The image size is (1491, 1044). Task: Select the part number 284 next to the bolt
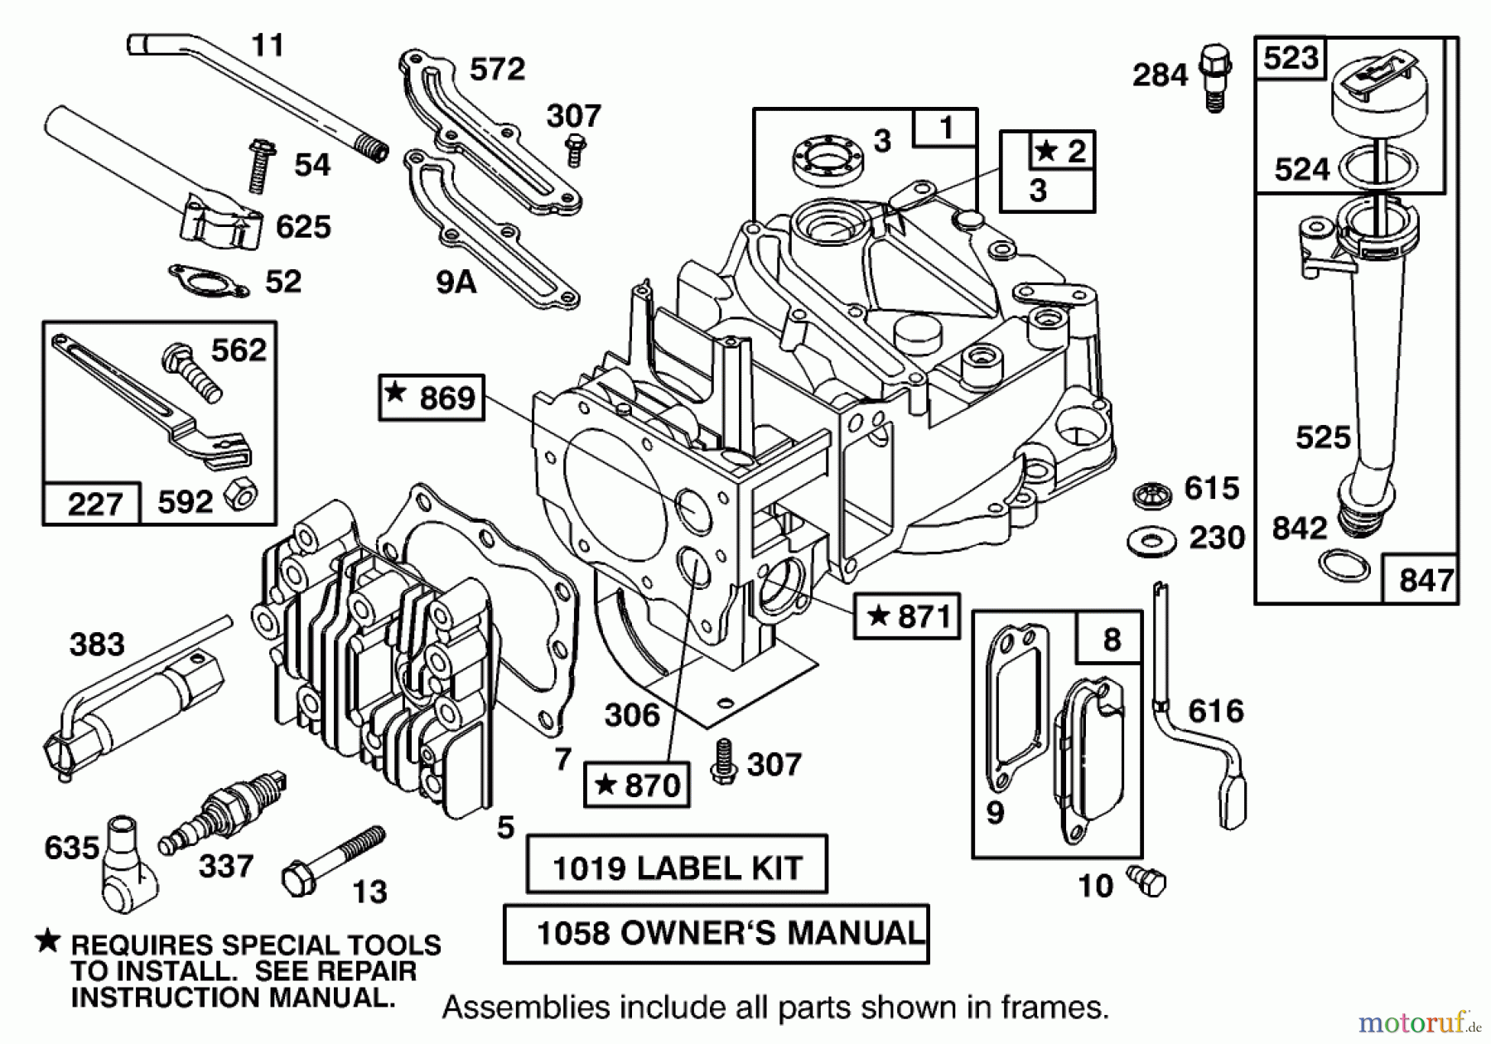click(x=1160, y=75)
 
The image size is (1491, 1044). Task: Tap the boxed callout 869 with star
click(x=432, y=398)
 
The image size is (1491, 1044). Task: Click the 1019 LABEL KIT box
click(x=677, y=864)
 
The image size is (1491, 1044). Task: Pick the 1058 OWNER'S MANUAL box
click(x=716, y=934)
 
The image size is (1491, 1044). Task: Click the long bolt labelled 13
click(x=333, y=861)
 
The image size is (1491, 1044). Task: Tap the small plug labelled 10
click(x=1147, y=881)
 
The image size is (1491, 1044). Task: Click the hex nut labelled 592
click(x=241, y=494)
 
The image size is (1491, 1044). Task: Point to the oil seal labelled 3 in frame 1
click(x=828, y=157)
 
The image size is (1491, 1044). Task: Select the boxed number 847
click(x=1426, y=580)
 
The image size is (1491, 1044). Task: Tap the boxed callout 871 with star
click(x=907, y=616)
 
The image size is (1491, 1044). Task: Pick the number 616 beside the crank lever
click(x=1215, y=711)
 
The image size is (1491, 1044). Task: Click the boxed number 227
click(x=94, y=504)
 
